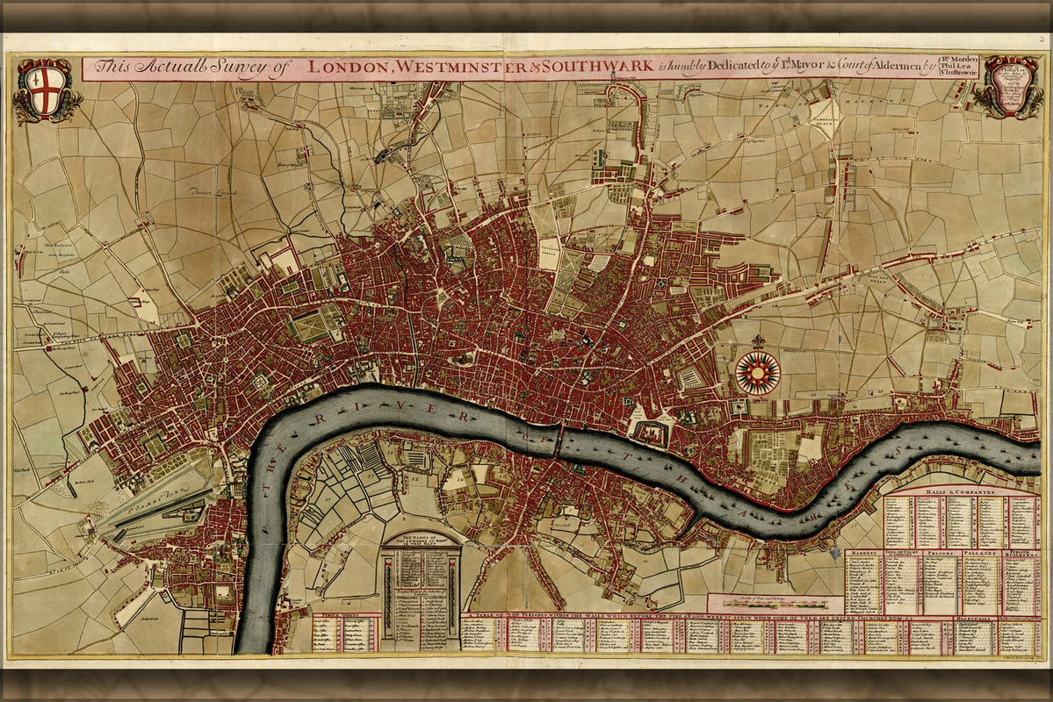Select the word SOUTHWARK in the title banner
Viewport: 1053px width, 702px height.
click(x=598, y=67)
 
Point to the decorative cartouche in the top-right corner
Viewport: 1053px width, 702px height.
click(x=1010, y=87)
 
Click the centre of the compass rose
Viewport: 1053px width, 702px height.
click(x=757, y=372)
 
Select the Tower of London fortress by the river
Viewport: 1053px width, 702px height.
click(x=651, y=433)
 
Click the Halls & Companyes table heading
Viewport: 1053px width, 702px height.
click(x=960, y=493)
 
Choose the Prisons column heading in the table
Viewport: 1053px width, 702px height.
click(x=940, y=554)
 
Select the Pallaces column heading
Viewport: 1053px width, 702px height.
click(x=979, y=554)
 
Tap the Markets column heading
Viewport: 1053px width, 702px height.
click(x=864, y=554)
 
